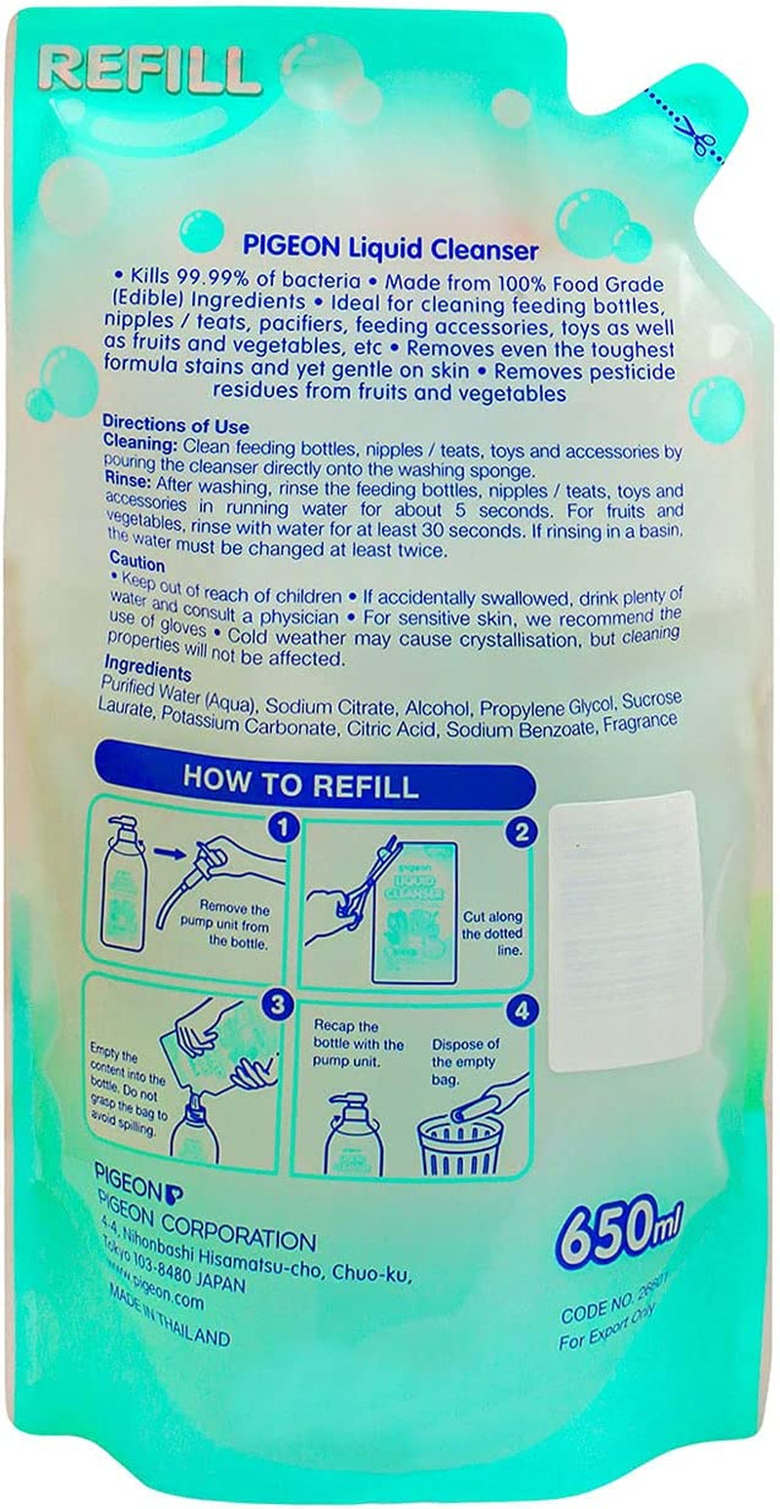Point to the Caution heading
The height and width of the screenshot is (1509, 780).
(136, 566)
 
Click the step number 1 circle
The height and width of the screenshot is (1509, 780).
(283, 830)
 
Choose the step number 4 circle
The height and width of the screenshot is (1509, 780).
(522, 1012)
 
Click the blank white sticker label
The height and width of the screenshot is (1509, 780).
(627, 932)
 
